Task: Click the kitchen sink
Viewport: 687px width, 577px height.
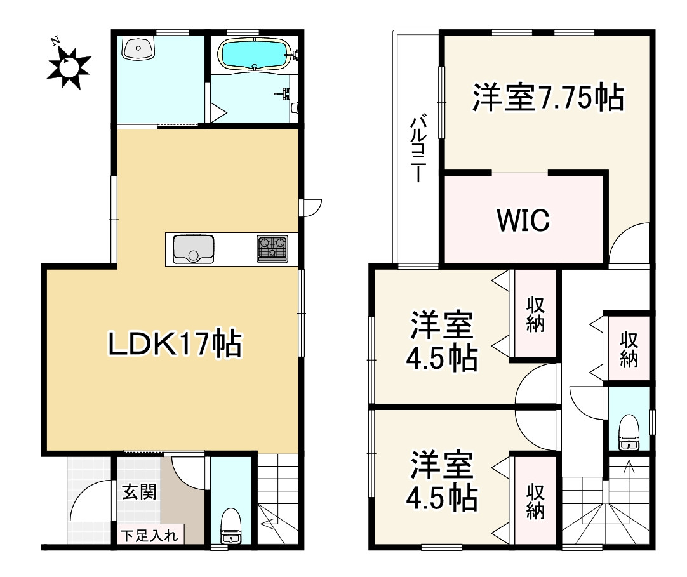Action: click(x=193, y=248)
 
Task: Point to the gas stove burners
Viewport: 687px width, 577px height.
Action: click(x=272, y=248)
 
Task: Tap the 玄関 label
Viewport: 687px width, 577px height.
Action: click(x=139, y=491)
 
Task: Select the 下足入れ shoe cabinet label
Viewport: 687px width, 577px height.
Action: click(x=150, y=535)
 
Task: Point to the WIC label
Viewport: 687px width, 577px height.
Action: click(x=523, y=220)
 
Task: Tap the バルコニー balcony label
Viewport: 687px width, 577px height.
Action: click(x=417, y=149)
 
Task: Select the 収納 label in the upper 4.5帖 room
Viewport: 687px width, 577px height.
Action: click(x=535, y=315)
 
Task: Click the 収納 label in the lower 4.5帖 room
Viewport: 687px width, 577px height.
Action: click(x=535, y=501)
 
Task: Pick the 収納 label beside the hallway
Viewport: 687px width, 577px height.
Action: click(x=629, y=348)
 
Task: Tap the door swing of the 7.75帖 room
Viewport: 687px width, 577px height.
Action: click(x=629, y=244)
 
